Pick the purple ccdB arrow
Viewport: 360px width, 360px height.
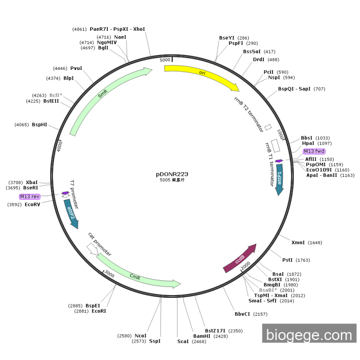click(240, 259)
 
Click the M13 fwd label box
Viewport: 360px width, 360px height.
click(314, 151)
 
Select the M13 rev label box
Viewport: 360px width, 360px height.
click(30, 196)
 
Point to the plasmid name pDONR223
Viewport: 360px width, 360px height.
click(172, 174)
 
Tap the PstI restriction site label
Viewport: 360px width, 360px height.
click(287, 260)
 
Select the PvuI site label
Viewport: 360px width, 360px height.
click(76, 68)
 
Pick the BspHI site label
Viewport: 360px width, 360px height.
click(39, 124)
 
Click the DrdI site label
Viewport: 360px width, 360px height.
click(259, 60)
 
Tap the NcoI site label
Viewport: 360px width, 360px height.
click(140, 335)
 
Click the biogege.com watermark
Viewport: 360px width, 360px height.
click(309, 335)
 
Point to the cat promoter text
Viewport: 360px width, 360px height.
click(99, 244)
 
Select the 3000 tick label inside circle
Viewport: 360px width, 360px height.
click(109, 275)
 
